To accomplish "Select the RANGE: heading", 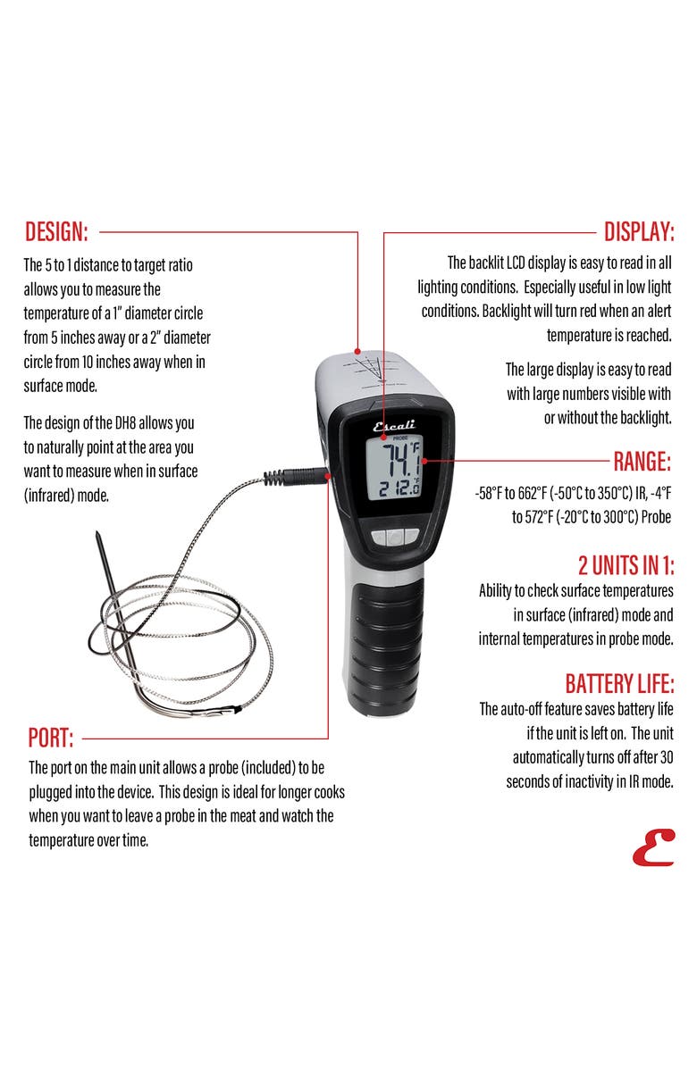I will (642, 462).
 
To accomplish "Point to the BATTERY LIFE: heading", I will (619, 685).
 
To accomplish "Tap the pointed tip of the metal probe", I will (98, 535).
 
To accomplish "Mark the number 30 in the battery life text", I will (662, 757).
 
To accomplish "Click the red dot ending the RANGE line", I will (424, 462).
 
